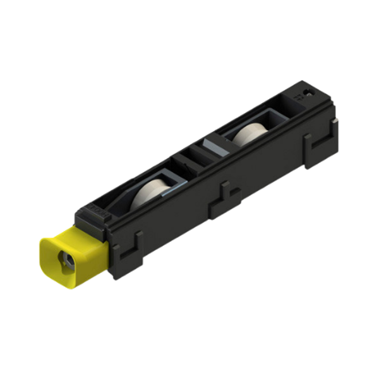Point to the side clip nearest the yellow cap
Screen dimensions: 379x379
pos(129,250)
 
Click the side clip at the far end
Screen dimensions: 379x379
pos(316,148)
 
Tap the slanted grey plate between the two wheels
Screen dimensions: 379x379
pos(211,149)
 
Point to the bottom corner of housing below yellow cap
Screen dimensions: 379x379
pos(114,275)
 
